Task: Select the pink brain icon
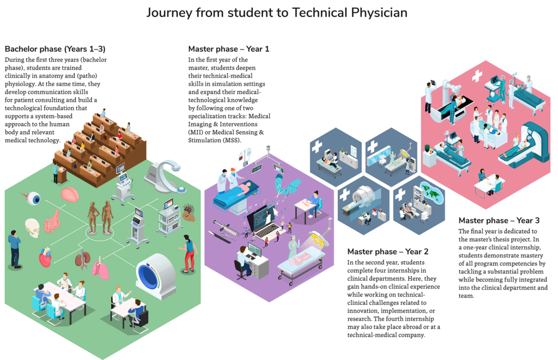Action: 71,194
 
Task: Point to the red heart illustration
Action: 45,256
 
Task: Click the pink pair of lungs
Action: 100,268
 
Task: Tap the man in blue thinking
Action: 14,248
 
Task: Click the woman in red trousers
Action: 189,253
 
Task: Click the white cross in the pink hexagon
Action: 477,76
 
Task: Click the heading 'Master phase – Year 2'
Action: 387,251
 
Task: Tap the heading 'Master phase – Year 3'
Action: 499,220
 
